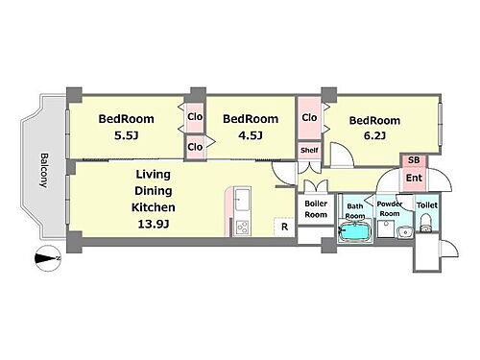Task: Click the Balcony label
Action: point(44,170)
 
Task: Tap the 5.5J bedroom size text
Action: point(126,136)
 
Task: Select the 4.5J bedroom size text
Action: point(251,136)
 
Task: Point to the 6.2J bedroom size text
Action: point(374,136)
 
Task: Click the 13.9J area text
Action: point(154,224)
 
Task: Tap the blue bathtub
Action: point(355,231)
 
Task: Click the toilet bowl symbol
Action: point(425,224)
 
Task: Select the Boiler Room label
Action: point(316,209)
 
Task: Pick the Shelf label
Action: point(309,150)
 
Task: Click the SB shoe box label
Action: point(414,160)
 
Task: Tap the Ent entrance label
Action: point(414,178)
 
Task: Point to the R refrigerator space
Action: point(284,227)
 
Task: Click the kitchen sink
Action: point(242,200)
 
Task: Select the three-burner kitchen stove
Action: point(242,228)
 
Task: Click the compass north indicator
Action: point(48,258)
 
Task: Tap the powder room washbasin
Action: point(405,231)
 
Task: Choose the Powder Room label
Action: point(390,208)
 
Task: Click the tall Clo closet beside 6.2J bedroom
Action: point(309,118)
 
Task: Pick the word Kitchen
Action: point(154,207)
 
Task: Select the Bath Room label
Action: point(355,211)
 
